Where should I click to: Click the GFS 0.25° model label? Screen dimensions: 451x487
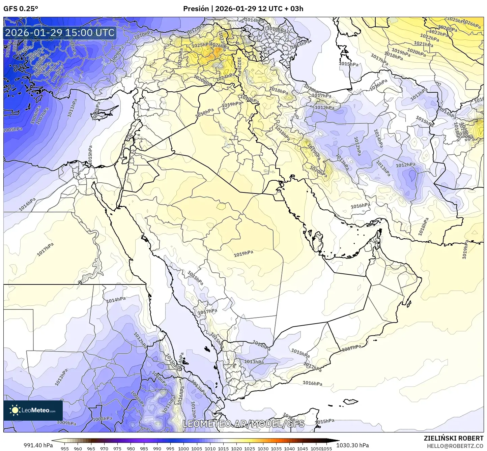[x=21, y=9]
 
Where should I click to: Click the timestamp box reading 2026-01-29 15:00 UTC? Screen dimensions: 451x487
[x=60, y=33]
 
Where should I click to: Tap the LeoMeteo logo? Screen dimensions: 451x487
[x=33, y=410]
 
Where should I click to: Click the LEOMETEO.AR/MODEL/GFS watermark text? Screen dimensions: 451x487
[x=243, y=424]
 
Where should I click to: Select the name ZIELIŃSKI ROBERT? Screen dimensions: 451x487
[x=454, y=438]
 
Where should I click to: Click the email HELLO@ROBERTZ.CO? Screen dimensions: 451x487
[x=455, y=446]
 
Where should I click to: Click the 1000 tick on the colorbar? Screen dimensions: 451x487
[x=183, y=449]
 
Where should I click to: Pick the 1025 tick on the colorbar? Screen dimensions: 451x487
[x=250, y=449]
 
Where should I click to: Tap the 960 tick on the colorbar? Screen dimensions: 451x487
[x=78, y=449]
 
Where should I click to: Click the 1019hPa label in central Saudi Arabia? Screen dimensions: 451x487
[x=243, y=254]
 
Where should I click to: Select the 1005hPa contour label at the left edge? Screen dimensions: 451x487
[x=13, y=130]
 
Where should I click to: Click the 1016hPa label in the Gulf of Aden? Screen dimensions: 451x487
[x=312, y=383]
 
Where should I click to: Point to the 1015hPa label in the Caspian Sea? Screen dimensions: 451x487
[x=348, y=64]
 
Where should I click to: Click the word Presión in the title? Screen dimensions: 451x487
[x=196, y=9]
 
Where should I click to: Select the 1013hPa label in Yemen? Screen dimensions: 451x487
[x=254, y=362]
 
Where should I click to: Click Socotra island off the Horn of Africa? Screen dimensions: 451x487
[x=351, y=401]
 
